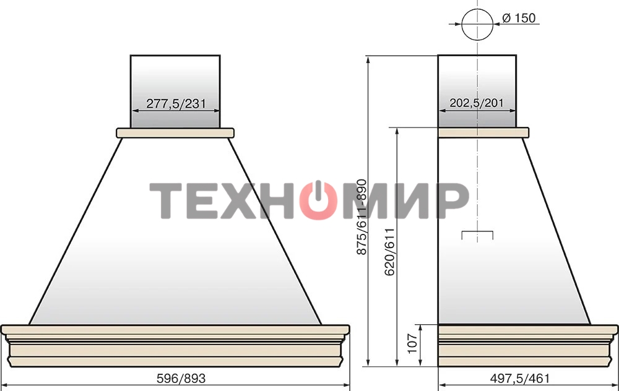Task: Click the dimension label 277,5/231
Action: (176, 103)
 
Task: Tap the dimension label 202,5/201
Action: (477, 103)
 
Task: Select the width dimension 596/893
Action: (181, 379)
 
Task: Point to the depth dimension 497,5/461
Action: (519, 379)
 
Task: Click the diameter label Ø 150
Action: (519, 18)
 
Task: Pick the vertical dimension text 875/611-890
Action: (361, 217)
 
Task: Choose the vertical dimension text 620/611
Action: (389, 252)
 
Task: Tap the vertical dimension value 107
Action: (412, 343)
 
